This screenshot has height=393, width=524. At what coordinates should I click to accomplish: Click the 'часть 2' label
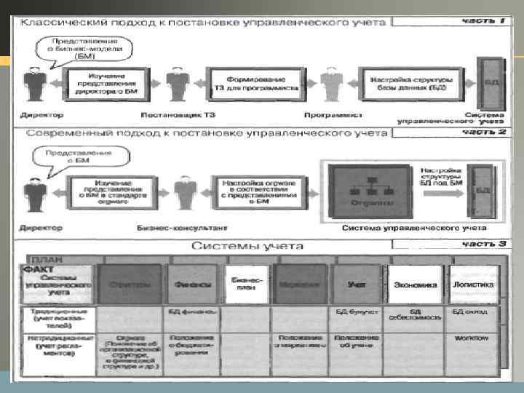tap(483, 132)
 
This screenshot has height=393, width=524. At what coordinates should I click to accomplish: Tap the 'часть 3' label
tap(483, 244)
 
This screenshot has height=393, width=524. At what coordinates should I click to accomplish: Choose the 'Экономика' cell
tap(416, 285)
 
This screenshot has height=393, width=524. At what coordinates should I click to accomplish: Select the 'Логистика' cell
tap(474, 284)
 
